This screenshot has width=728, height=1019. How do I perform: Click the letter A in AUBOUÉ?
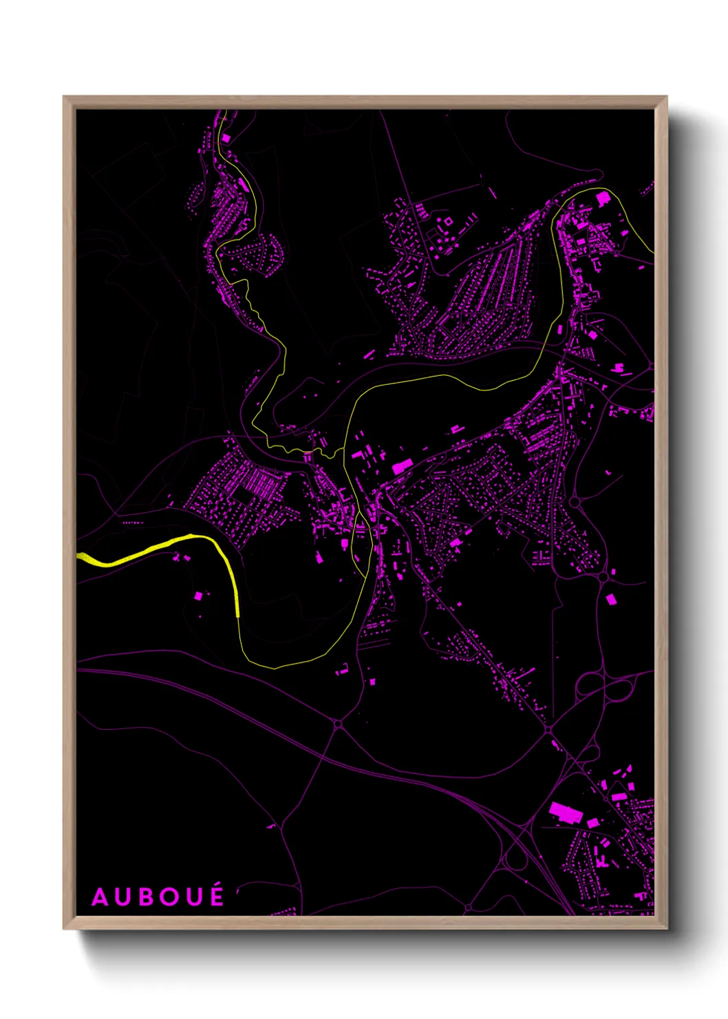(x=100, y=898)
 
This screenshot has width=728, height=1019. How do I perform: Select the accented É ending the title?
(x=217, y=896)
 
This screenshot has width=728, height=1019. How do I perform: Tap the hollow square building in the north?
(x=448, y=222)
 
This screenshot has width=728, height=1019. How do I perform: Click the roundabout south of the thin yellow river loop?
(x=338, y=724)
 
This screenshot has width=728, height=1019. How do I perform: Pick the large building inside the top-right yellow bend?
(x=603, y=199)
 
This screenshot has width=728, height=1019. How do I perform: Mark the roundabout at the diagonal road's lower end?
(x=548, y=728)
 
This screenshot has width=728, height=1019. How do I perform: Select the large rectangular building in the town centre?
(x=401, y=468)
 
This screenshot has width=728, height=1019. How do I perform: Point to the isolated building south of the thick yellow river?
(x=199, y=596)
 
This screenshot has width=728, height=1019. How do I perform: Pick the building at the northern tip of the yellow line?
(x=226, y=138)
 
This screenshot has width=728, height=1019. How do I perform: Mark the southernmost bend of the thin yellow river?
(x=275, y=667)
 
